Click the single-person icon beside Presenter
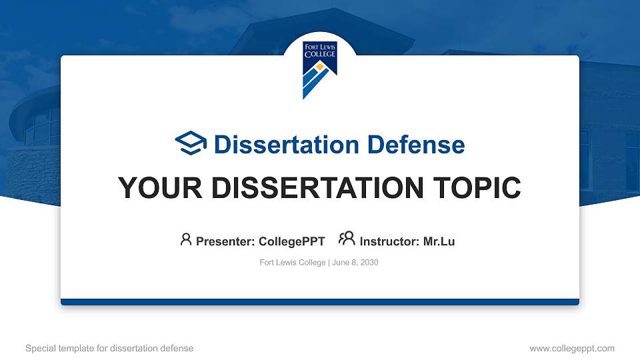(x=186, y=239)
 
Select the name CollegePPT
(x=291, y=241)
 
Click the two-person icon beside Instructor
(x=347, y=239)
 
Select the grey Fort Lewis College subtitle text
(x=292, y=263)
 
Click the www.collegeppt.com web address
(x=571, y=348)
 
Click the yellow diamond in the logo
(x=319, y=68)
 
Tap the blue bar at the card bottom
(x=319, y=302)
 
